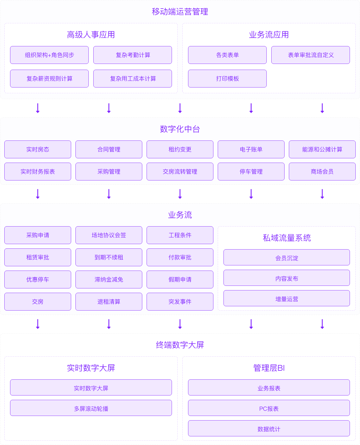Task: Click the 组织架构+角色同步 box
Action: (x=49, y=55)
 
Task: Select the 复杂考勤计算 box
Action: (x=132, y=55)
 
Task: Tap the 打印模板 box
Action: (x=227, y=79)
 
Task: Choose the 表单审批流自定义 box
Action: (x=310, y=55)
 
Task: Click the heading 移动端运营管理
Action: (x=180, y=12)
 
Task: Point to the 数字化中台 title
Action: (x=180, y=129)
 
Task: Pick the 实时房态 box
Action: (x=38, y=149)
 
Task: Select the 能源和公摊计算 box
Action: (x=322, y=149)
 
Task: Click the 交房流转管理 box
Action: (x=180, y=172)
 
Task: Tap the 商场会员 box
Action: (x=322, y=172)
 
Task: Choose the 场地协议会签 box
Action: (x=109, y=235)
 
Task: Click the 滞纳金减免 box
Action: (x=109, y=279)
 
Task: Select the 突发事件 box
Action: (x=180, y=302)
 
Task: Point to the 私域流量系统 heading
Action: (x=287, y=238)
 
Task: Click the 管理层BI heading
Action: (x=269, y=368)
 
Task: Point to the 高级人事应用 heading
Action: (x=91, y=35)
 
